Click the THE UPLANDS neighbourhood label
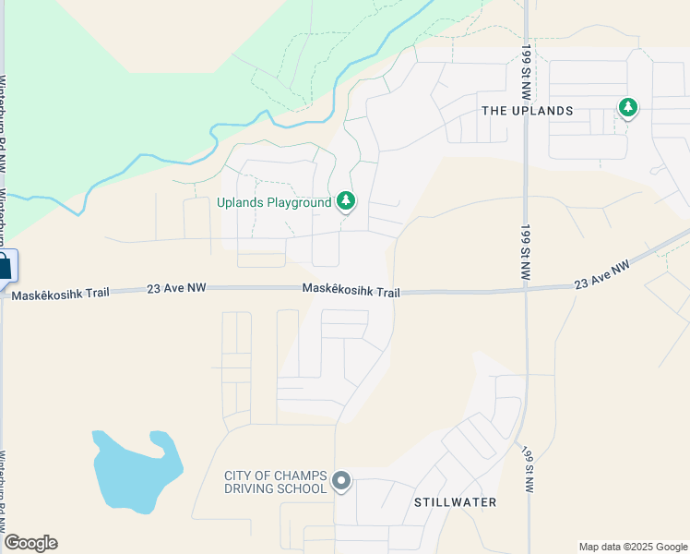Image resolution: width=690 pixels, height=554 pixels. (528, 111)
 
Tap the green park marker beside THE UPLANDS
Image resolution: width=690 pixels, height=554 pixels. (628, 108)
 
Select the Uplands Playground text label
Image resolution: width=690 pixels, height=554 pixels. (274, 202)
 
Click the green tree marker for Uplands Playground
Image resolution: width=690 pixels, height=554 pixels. (346, 200)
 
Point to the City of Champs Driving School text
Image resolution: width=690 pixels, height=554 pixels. (276, 482)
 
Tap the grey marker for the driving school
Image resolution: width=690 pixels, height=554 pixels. (341, 479)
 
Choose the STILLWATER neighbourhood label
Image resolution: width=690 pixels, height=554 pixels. (456, 502)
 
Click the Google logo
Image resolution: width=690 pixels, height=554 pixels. (30, 543)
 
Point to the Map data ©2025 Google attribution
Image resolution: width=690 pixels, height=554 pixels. (632, 547)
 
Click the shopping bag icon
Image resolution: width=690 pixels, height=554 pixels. (5, 268)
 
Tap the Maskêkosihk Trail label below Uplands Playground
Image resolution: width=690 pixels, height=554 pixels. (351, 291)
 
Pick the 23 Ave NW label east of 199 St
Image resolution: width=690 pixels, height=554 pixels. (601, 273)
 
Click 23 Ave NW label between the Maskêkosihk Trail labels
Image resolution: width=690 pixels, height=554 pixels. (176, 289)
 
